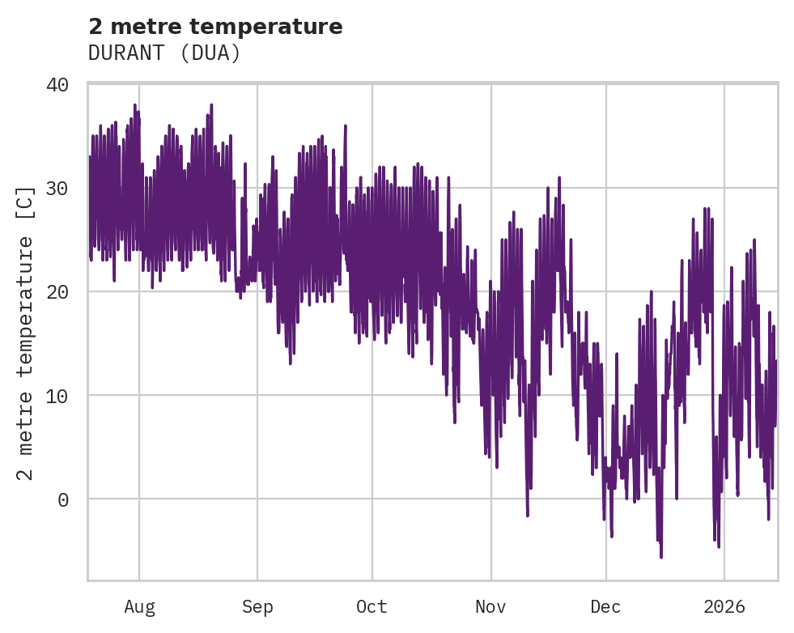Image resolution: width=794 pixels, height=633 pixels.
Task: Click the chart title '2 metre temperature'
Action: pos(215,27)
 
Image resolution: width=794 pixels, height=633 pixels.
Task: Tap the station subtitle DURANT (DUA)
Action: pos(164,53)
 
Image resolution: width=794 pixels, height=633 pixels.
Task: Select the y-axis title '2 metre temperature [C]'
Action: pos(26,333)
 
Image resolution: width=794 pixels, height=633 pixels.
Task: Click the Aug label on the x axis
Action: pos(139,606)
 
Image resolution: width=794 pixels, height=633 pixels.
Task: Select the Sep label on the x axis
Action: pos(257,606)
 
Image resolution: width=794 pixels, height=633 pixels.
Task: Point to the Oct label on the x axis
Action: pos(372,606)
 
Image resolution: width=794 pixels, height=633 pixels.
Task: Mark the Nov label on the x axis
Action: pos(490,606)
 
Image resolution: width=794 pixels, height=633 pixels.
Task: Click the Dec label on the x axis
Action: pos(606,606)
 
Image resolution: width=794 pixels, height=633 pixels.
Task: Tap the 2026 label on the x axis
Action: pos(724,606)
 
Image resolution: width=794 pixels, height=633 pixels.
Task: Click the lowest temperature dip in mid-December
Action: pos(660,556)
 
